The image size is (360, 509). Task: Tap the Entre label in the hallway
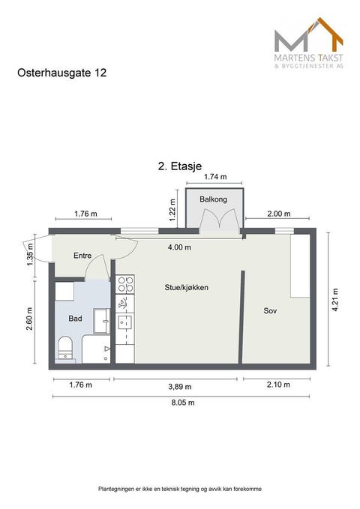pyautogui.click(x=82, y=256)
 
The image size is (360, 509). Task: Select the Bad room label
pyautogui.click(x=75, y=318)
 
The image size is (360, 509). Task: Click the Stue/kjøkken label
pyautogui.click(x=186, y=287)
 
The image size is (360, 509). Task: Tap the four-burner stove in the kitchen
pyautogui.click(x=125, y=285)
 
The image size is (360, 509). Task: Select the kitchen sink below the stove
pyautogui.click(x=124, y=322)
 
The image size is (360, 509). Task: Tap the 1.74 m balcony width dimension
pyautogui.click(x=214, y=178)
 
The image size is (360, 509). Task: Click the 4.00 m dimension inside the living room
pyautogui.click(x=178, y=247)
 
